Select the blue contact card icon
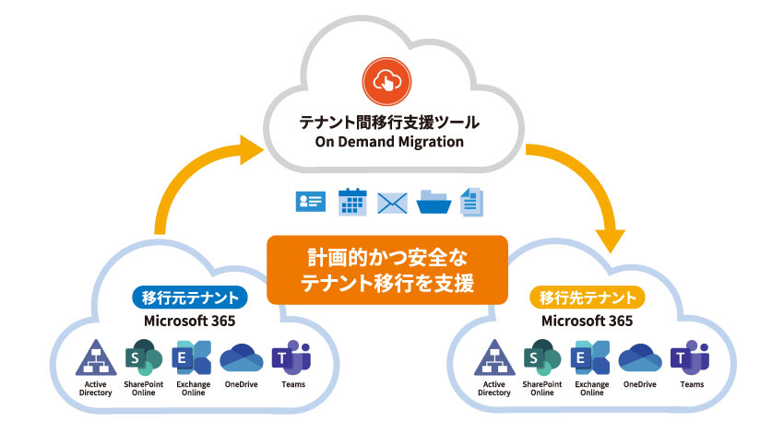click(x=310, y=202)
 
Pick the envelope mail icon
click(x=393, y=203)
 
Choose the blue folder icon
click(x=433, y=202)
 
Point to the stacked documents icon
click(x=472, y=202)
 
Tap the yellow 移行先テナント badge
click(x=588, y=298)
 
